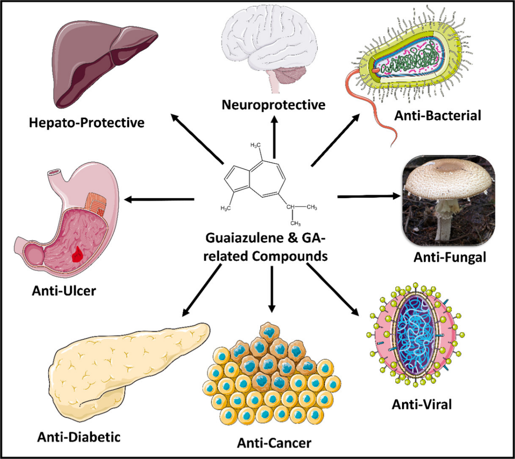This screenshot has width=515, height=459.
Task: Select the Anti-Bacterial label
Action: [x=438, y=115]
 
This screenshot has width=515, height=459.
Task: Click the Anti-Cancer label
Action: [x=274, y=443]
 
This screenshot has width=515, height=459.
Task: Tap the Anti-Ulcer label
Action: [x=63, y=291]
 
